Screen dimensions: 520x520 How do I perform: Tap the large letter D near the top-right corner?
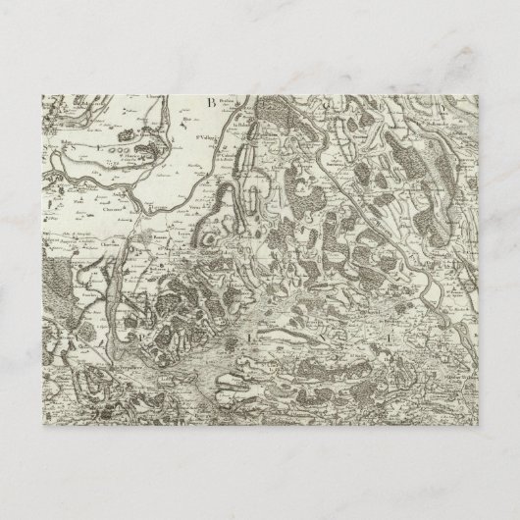441,101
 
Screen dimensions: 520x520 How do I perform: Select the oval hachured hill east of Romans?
207,239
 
